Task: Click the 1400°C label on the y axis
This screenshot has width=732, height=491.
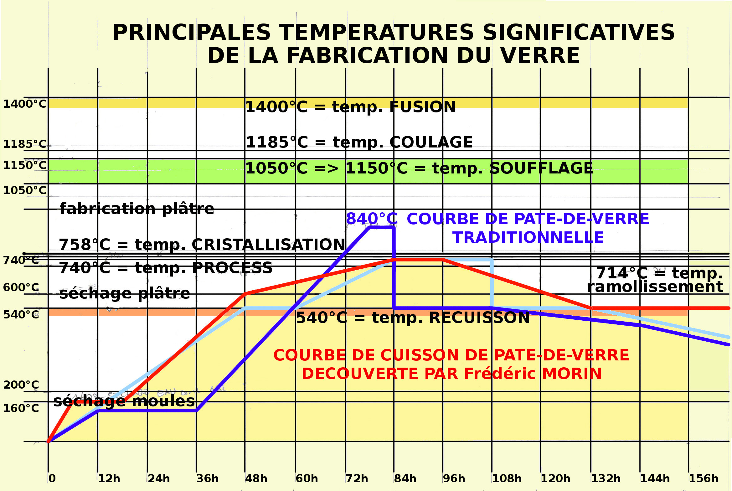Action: click(x=25, y=104)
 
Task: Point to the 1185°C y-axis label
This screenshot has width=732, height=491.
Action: click(x=25, y=144)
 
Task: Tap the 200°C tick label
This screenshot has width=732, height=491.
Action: click(x=21, y=385)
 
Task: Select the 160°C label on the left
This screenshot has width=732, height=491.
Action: click(x=21, y=408)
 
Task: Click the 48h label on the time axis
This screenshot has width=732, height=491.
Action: click(x=256, y=478)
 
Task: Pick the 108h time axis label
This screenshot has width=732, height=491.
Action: click(x=507, y=478)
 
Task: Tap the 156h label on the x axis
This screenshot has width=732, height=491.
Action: click(x=704, y=478)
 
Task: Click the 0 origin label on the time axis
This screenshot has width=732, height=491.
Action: click(x=52, y=478)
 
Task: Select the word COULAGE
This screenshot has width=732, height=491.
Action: click(x=431, y=142)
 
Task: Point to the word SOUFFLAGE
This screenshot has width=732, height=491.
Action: click(x=541, y=168)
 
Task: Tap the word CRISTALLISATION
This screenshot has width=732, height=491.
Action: click(x=269, y=245)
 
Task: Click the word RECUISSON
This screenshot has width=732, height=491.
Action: click(x=479, y=318)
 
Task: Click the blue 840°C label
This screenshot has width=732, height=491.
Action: click(x=372, y=219)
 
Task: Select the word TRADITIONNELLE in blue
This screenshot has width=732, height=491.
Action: click(x=528, y=237)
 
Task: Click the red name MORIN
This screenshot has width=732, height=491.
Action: click(x=572, y=374)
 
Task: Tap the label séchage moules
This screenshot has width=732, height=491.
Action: click(x=124, y=401)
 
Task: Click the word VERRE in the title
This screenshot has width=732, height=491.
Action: click(x=540, y=56)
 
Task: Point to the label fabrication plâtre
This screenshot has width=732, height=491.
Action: click(x=137, y=209)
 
